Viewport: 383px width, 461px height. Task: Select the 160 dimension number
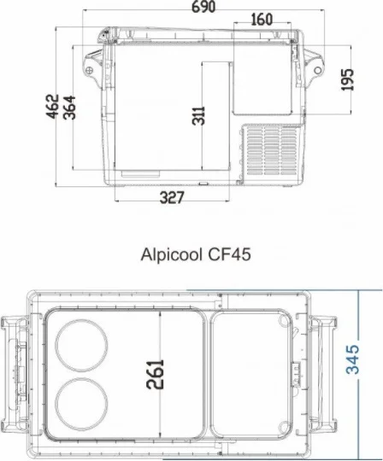tap(262, 20)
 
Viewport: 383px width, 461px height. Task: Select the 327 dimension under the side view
tap(175, 198)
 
